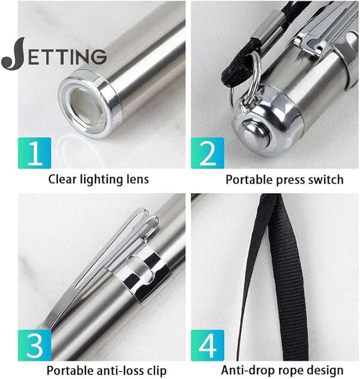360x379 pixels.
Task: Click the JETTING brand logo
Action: click(x=54, y=55)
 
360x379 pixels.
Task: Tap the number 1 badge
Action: click(x=34, y=153)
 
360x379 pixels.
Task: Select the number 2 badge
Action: click(x=208, y=153)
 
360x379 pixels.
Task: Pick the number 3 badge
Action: click(x=34, y=345)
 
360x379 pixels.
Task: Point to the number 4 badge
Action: click(x=208, y=345)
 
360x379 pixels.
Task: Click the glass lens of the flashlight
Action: click(x=86, y=106)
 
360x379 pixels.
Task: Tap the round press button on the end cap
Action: click(x=255, y=134)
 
